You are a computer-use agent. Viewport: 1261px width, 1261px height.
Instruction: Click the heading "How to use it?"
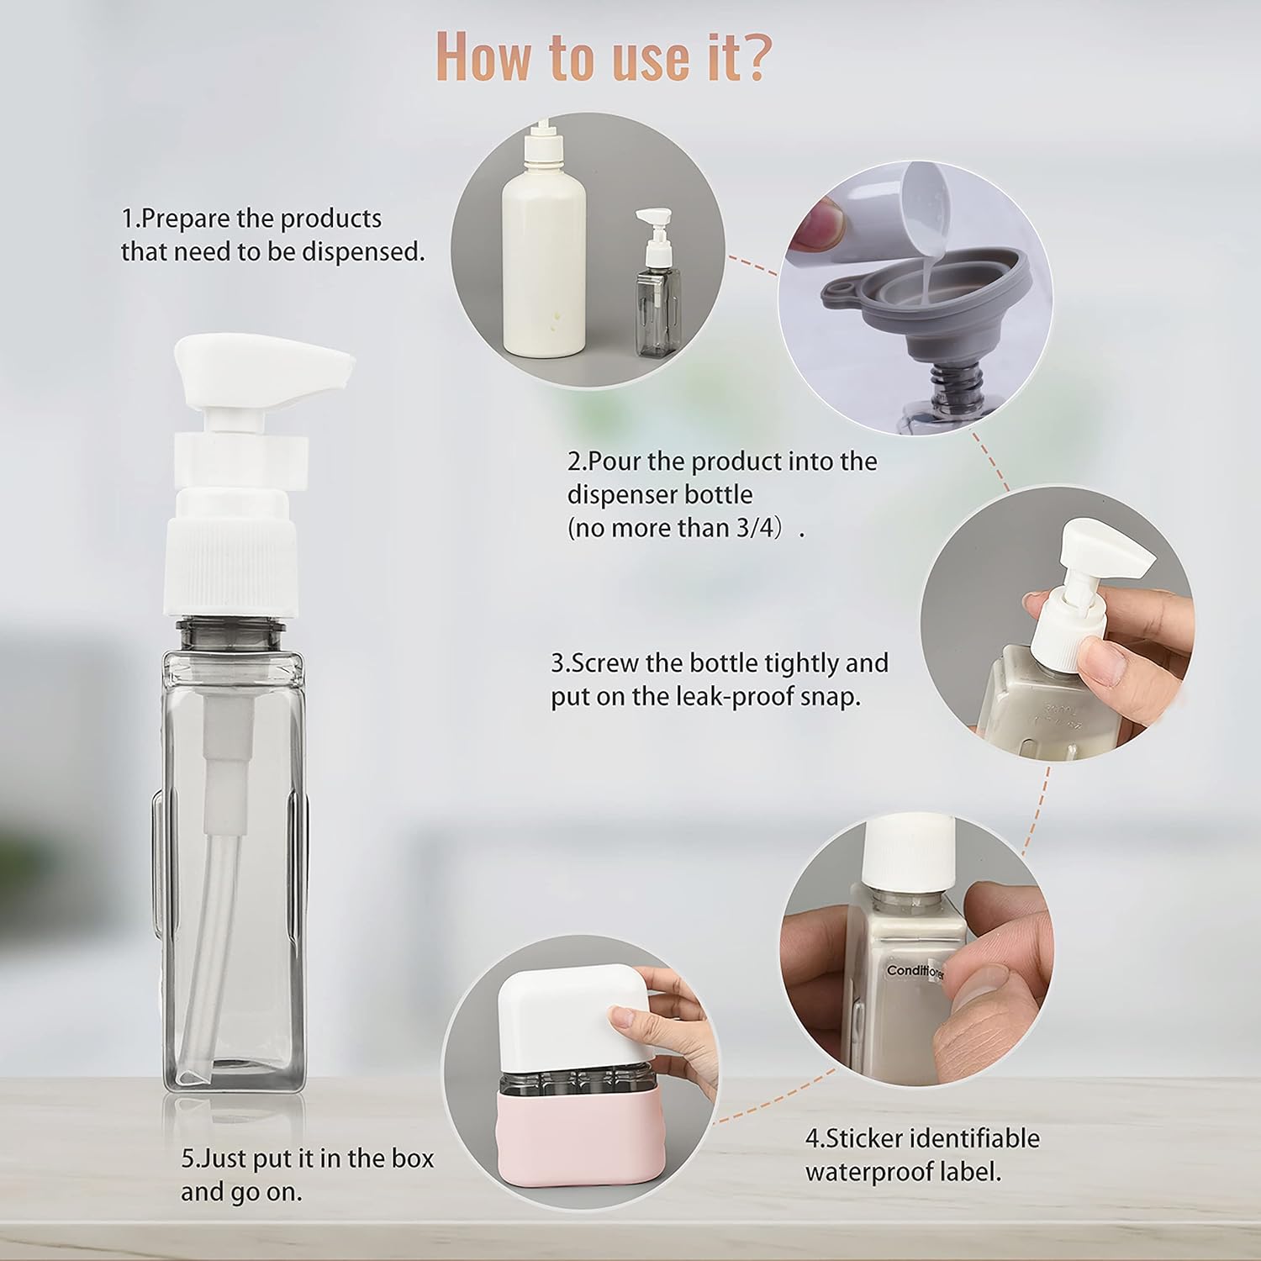(602, 57)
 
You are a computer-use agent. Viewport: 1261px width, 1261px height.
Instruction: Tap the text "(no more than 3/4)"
(680, 529)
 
